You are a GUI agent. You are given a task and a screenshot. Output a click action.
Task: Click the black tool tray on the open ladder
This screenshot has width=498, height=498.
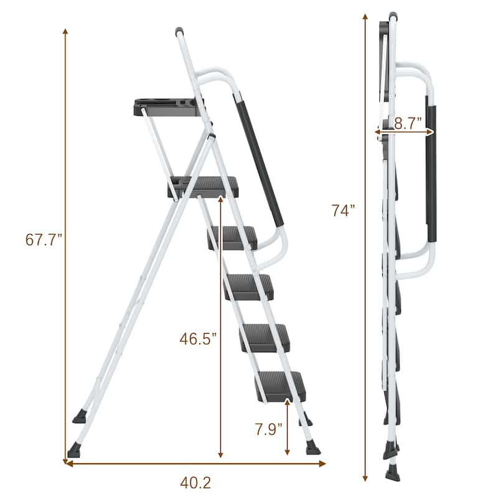click(167, 106)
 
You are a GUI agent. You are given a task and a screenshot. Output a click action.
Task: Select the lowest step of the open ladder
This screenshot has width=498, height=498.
click(280, 382)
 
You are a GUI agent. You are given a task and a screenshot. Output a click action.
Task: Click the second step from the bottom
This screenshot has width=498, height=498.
click(266, 335)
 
